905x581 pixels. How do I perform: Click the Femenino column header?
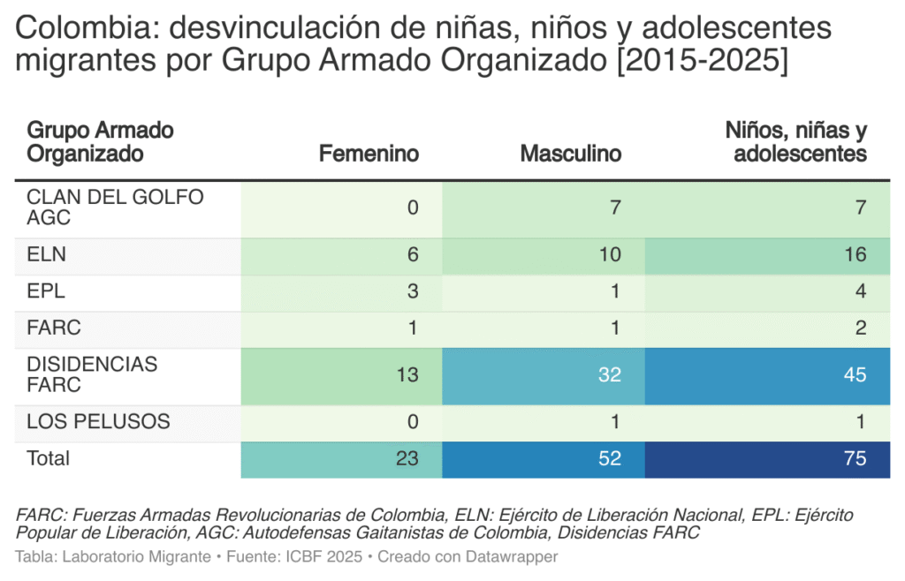tap(369, 154)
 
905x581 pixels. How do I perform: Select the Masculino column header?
tap(570, 154)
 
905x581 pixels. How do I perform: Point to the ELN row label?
tap(47, 255)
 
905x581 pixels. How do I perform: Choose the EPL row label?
tap(46, 291)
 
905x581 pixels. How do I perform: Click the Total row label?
tap(49, 458)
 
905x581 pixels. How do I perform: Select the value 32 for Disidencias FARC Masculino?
tap(609, 374)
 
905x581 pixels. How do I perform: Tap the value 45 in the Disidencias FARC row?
tap(854, 374)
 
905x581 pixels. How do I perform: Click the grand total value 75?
tap(854, 459)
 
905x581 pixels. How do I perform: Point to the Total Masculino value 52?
tap(609, 459)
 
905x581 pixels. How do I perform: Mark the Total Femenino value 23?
tap(407, 459)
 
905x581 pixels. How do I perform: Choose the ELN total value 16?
tap(854, 255)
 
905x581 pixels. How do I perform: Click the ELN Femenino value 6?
tap(413, 255)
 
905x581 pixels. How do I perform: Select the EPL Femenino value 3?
tap(413, 291)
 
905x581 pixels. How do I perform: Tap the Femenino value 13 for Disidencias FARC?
tap(407, 374)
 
